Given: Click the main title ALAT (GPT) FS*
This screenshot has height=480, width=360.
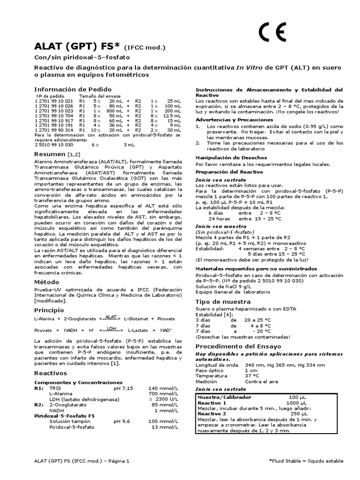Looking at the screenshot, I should tap(78, 46).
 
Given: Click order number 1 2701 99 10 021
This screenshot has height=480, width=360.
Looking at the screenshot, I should tap(54, 101).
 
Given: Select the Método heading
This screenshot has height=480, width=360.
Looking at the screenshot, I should tap(47, 282).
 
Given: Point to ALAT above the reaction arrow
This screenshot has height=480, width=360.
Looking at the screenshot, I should tap(111, 316).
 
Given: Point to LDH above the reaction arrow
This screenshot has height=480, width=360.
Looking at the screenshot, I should tap(111, 328).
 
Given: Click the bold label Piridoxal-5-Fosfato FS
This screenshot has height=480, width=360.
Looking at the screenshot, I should tap(65, 415).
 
